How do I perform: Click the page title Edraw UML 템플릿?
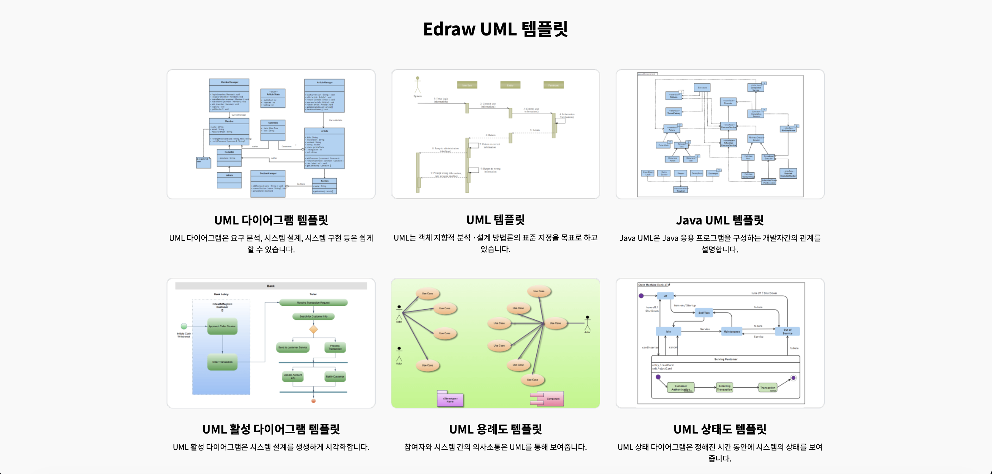coord(495,29)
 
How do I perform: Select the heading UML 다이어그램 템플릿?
coord(271,220)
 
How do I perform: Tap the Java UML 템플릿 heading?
coord(719,220)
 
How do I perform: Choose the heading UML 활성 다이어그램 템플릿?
coord(271,429)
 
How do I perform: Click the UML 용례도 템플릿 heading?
coord(495,429)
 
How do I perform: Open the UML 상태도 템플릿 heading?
coord(719,429)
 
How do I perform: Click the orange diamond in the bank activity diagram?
coord(313,329)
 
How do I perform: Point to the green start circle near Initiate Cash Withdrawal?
coord(184,326)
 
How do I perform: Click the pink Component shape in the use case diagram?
coord(547,398)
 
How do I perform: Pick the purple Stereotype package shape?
coord(450,399)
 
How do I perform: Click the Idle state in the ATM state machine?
coord(668,331)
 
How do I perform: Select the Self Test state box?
coord(704,313)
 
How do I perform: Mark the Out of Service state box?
coord(787,331)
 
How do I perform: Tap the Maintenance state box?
coord(731,331)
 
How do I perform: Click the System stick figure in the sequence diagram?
coord(418,85)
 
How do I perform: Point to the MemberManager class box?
coord(229,95)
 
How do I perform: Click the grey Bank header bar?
coord(271,286)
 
